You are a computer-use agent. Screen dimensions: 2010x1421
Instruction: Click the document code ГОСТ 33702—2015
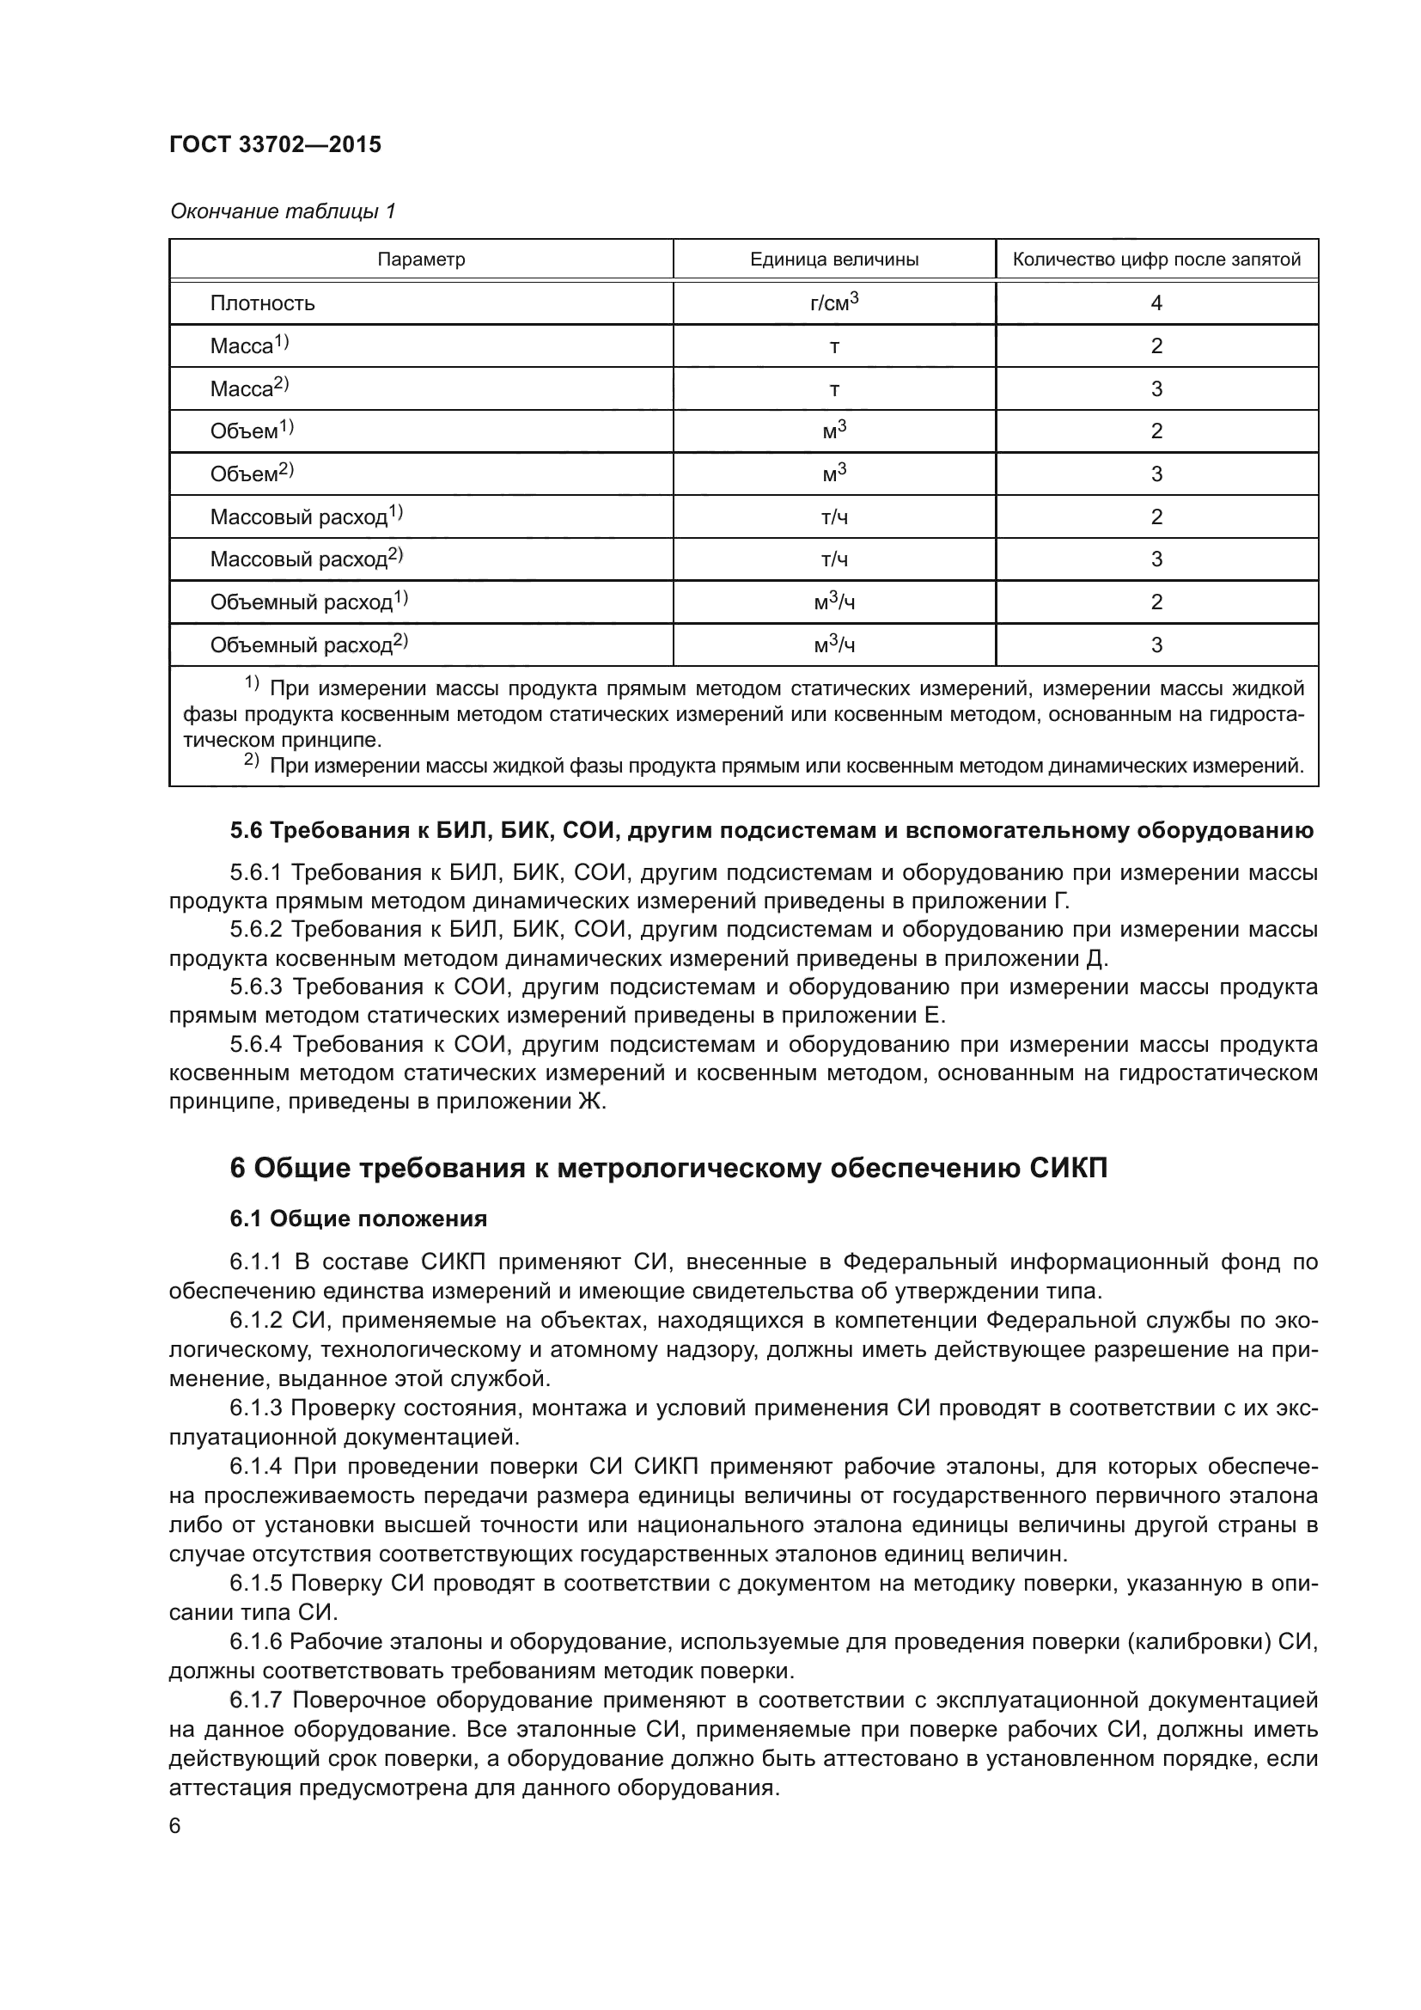[x=276, y=144]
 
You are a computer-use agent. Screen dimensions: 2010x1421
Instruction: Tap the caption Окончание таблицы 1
[x=283, y=211]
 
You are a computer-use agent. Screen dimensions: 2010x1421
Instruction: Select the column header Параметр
[x=421, y=260]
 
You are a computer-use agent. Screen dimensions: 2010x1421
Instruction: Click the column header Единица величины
[x=834, y=260]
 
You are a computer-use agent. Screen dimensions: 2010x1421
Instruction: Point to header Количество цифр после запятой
[x=1156, y=260]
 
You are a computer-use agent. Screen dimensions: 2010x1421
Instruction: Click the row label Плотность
[x=262, y=302]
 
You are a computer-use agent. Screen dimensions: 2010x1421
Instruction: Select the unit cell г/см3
[x=834, y=302]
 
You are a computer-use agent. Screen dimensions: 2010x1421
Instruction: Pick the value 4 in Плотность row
[x=1156, y=302]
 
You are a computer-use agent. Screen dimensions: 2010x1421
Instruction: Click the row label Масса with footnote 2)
[x=248, y=388]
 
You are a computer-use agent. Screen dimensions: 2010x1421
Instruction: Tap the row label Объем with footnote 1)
[x=251, y=431]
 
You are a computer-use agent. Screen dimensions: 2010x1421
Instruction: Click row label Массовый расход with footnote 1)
[x=305, y=516]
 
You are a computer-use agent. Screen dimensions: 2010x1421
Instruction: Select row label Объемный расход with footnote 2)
[x=308, y=645]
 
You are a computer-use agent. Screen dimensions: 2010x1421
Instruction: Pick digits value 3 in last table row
[x=1156, y=645]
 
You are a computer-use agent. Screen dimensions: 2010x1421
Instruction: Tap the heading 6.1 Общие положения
[x=359, y=1218]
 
